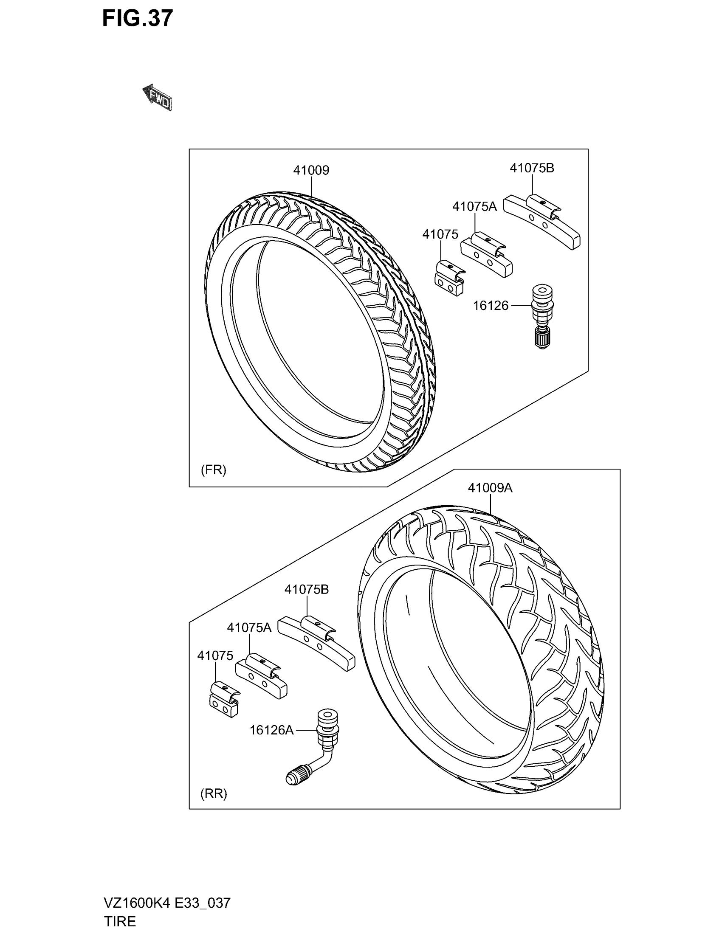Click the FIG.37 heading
click(x=137, y=19)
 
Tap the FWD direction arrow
click(x=157, y=98)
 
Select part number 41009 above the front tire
click(x=311, y=170)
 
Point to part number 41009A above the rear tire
click(x=490, y=487)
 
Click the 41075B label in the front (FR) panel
click(x=532, y=168)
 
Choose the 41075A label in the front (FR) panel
click(x=474, y=207)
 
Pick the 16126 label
click(x=491, y=306)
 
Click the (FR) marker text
click(x=214, y=470)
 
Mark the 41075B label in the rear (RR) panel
click(x=307, y=589)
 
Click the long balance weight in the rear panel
click(x=316, y=644)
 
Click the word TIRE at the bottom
click(x=120, y=921)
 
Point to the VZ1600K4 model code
click(x=136, y=903)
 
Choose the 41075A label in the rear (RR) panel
click(x=249, y=627)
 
